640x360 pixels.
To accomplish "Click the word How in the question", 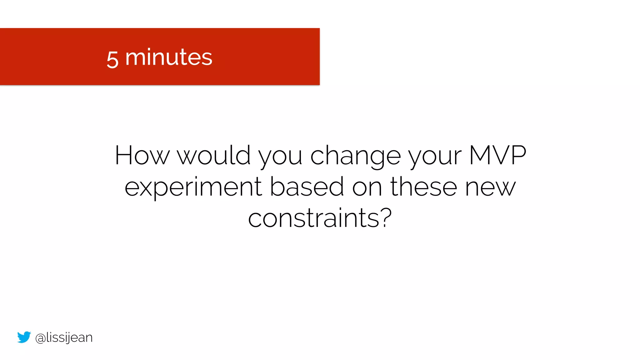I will coord(142,155).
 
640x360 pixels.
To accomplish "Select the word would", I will coord(214,155).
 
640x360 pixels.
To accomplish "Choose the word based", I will coord(307,187).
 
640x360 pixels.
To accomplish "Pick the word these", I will coord(424,187).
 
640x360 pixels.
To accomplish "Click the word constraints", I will coord(314,218).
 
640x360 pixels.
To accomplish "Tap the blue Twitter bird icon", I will coord(24,337).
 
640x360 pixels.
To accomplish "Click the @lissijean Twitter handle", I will coord(64,338).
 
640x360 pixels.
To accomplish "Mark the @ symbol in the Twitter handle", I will coord(40,338).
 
